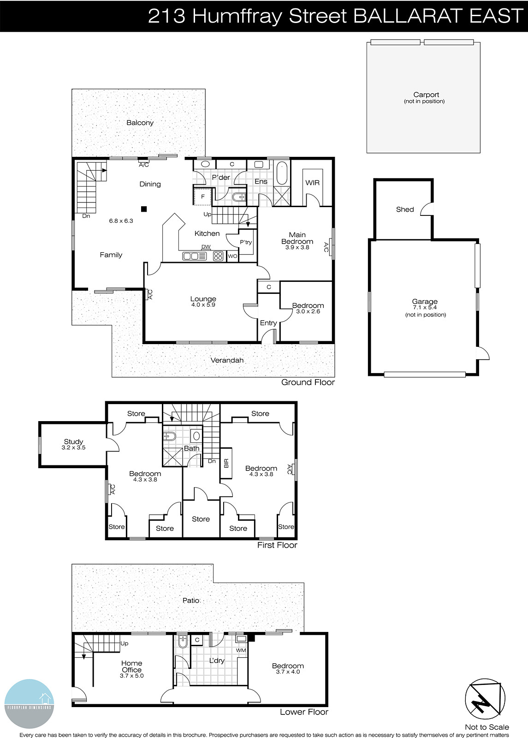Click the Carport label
(426, 95)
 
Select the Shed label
(405, 209)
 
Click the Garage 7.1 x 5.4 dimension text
(424, 308)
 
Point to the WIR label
(312, 183)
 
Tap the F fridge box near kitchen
(202, 196)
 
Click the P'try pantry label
(246, 242)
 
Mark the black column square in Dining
(144, 208)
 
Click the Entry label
(268, 323)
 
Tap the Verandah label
(227, 360)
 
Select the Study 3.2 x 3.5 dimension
(73, 447)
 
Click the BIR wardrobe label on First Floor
(226, 463)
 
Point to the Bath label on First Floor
(191, 448)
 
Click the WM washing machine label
(241, 650)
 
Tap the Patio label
(191, 601)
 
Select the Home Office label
(131, 667)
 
